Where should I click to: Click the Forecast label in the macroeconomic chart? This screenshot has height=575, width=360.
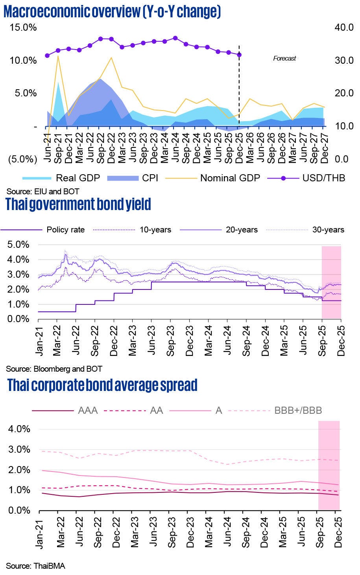(284, 58)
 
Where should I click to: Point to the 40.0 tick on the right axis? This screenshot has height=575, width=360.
(344, 28)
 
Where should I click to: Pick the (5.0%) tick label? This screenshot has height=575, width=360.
(22, 159)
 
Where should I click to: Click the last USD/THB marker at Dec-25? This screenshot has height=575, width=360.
(239, 55)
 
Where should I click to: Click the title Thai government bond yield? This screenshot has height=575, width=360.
(78, 205)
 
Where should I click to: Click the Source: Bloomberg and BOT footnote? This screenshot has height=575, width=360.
(54, 369)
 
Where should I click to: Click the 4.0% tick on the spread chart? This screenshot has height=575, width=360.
(19, 429)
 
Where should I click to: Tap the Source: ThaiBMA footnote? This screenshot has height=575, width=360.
(35, 566)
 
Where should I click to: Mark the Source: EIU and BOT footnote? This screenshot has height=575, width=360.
(42, 192)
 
